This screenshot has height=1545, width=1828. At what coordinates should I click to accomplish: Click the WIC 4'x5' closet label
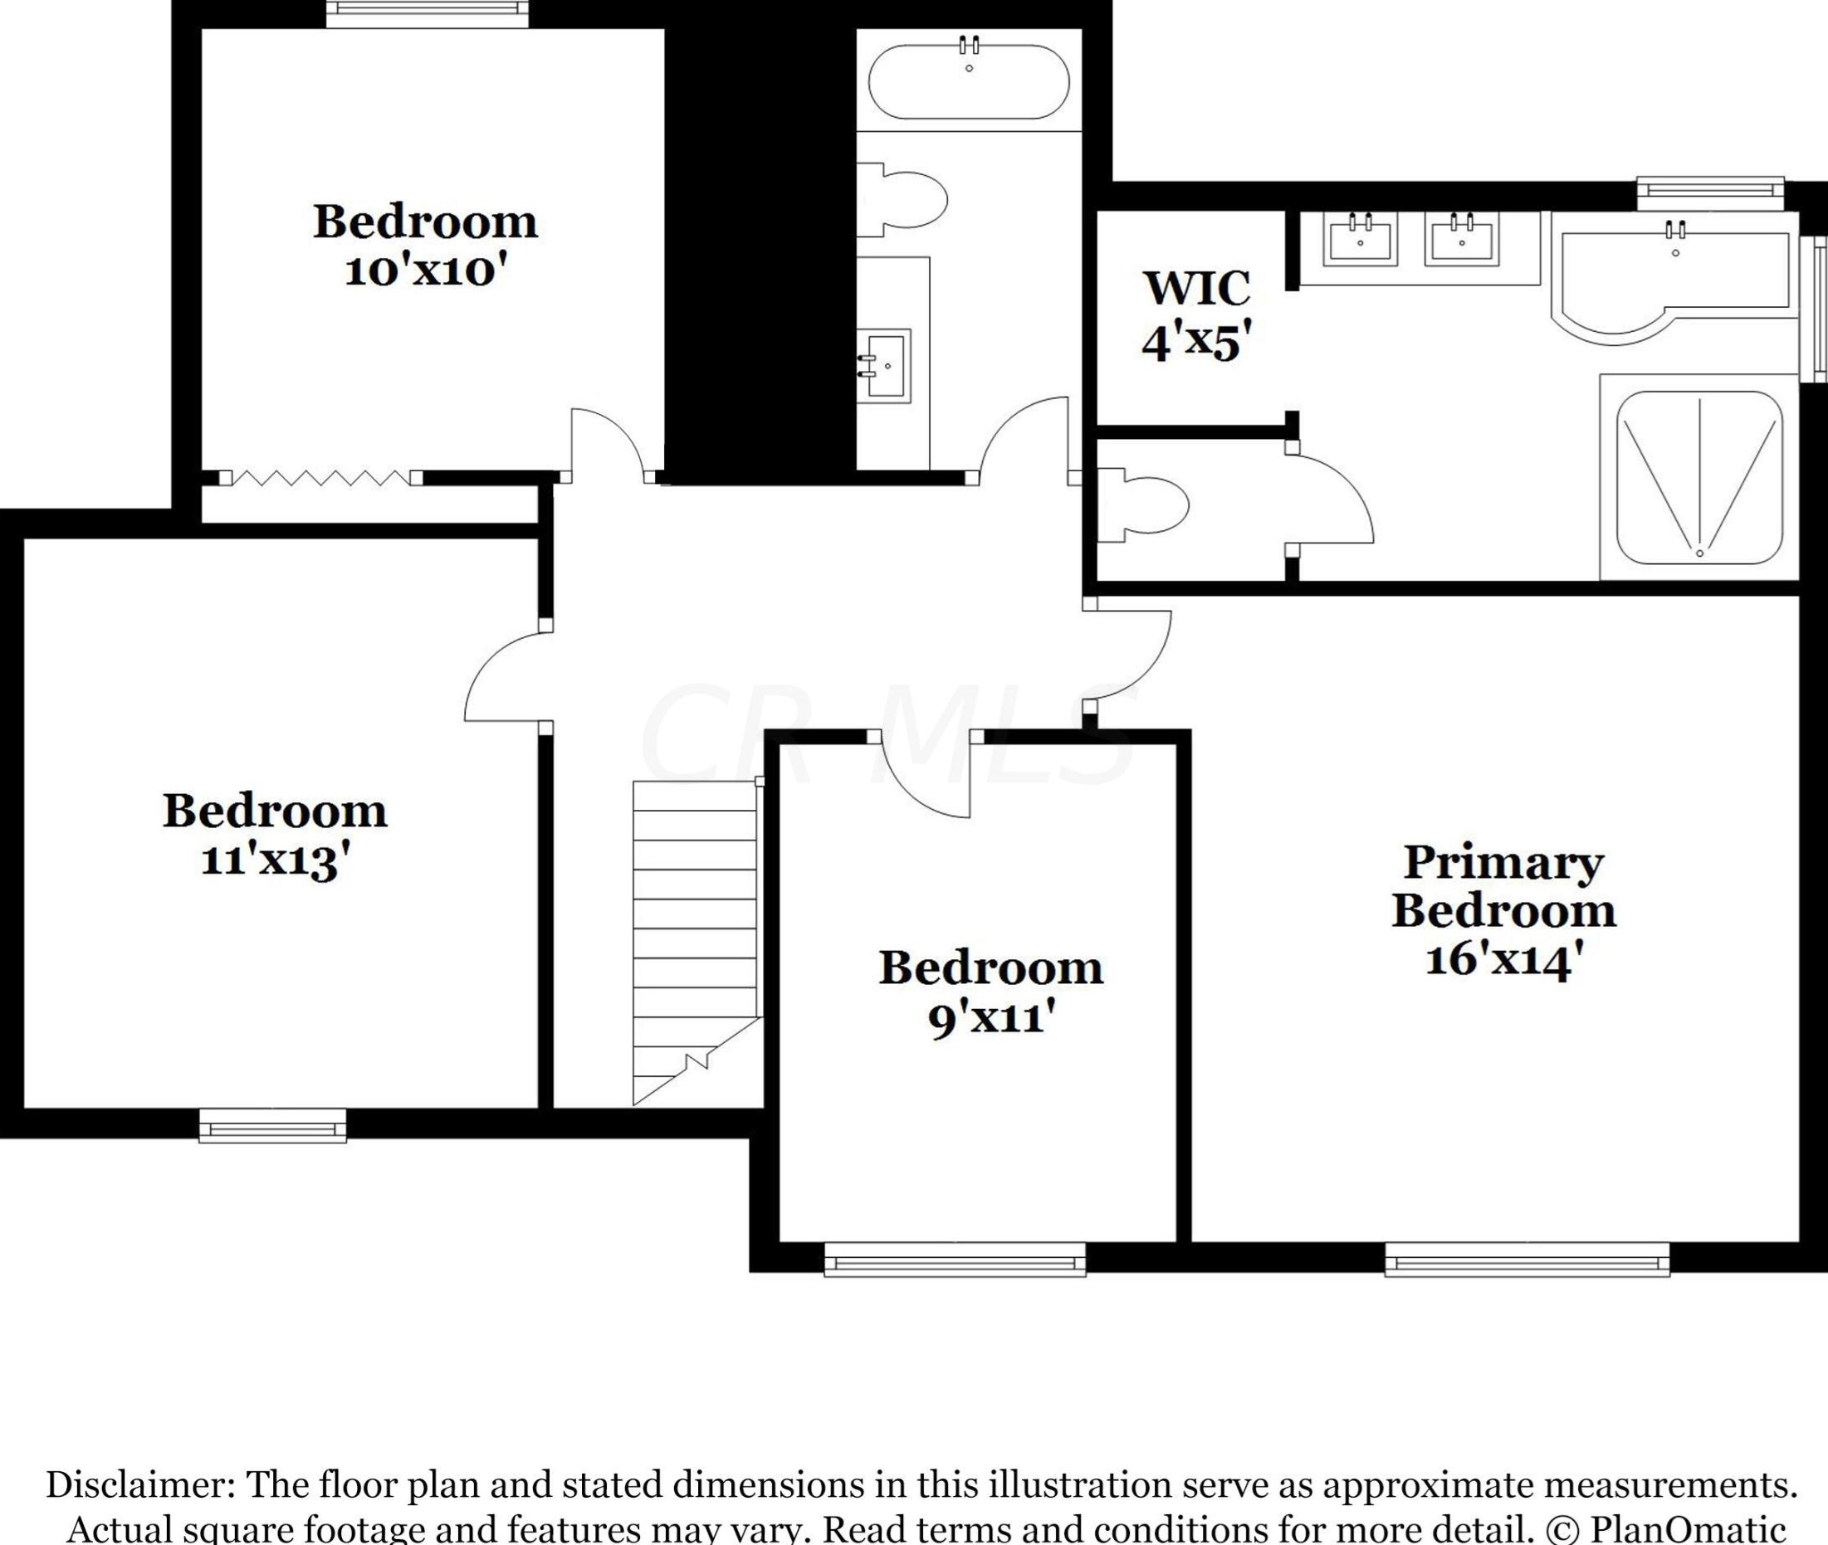[1196, 315]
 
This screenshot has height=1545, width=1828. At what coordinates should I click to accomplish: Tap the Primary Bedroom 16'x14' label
[1503, 911]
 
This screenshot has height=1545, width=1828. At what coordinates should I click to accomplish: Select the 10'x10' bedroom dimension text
[427, 270]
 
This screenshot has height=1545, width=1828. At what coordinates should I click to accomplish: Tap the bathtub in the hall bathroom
[968, 80]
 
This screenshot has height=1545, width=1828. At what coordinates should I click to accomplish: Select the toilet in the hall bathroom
[902, 200]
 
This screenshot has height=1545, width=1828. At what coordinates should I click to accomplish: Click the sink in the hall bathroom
[883, 365]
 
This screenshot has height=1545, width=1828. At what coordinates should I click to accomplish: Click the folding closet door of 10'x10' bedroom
[320, 477]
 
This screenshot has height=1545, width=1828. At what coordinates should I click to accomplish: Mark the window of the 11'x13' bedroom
[272, 1125]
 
